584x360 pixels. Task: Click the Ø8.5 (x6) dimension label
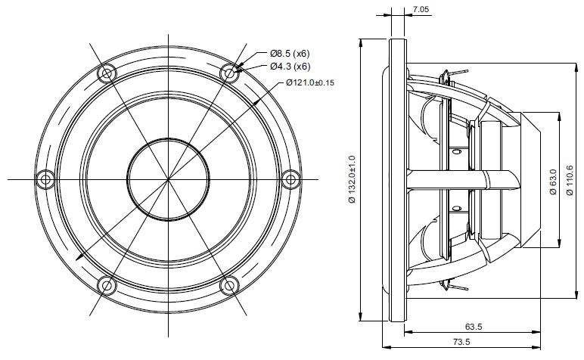tap(290, 54)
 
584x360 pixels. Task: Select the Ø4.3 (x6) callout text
tap(290, 67)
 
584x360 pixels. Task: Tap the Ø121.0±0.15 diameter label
tap(310, 82)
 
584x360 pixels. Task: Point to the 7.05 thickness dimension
tap(421, 9)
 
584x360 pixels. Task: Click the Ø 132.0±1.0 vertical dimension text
tap(353, 179)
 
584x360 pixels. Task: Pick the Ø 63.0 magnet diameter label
tap(553, 182)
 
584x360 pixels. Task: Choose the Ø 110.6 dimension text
tap(570, 180)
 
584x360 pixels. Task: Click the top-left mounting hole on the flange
tap(107, 73)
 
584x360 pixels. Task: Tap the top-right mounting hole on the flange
tap(229, 73)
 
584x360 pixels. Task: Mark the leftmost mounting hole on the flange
tap(46, 179)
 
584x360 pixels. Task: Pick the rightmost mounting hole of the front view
tap(290, 179)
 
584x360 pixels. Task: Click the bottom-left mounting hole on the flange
tap(107, 286)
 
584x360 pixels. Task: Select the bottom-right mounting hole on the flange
tap(229, 286)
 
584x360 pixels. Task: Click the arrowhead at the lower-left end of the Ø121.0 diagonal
tap(79, 257)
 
